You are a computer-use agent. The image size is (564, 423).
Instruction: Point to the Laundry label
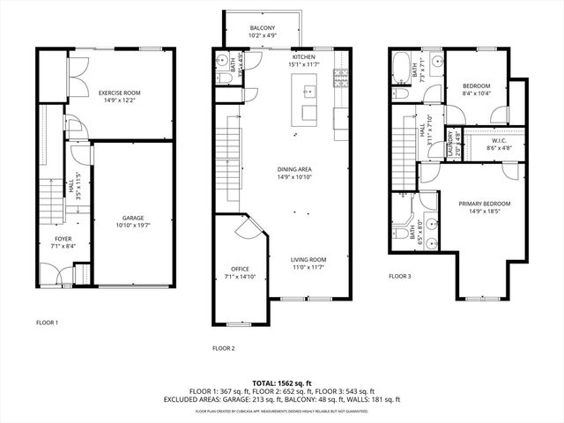[453, 140]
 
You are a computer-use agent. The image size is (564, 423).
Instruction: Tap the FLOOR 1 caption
[47, 323]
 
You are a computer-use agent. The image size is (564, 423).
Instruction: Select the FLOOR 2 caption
[224, 348]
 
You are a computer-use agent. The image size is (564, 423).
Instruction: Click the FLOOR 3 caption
[400, 276]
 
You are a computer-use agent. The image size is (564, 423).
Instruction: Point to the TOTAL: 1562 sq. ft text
[282, 383]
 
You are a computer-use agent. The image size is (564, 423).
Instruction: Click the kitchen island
[308, 101]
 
